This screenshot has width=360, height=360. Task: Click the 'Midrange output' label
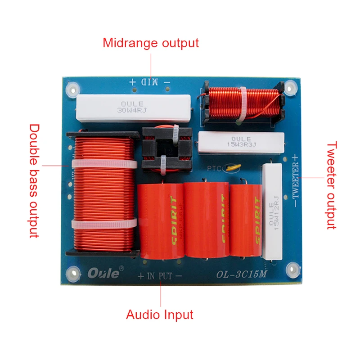[150, 43]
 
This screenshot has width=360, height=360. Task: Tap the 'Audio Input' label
[159, 315]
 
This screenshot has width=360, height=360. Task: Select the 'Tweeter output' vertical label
[332, 185]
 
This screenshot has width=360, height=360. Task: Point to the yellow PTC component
[234, 168]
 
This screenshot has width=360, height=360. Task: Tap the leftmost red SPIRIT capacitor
[160, 220]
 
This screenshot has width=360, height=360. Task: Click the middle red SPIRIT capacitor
[207, 220]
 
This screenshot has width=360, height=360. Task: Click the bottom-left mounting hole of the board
[72, 272]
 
